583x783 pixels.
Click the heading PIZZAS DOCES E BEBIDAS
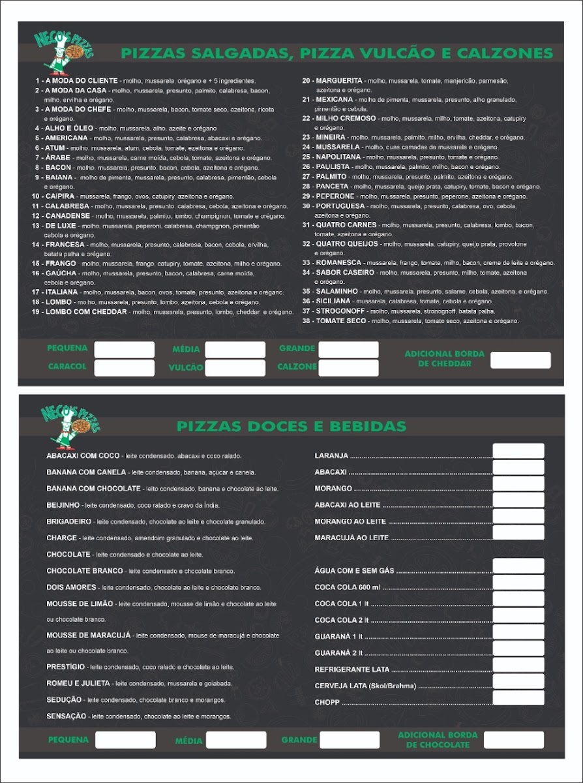(291, 427)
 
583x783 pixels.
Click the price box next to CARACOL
(124, 368)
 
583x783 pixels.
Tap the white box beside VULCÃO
(235, 368)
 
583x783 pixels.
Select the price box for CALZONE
(348, 368)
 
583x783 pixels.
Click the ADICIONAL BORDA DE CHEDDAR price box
(520, 360)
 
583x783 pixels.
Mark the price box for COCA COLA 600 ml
(518, 583)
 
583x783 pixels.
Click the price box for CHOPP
(518, 698)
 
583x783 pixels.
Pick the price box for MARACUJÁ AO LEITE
(518, 532)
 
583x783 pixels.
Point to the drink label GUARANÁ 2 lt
(338, 652)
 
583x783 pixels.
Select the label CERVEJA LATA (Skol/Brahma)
(365, 686)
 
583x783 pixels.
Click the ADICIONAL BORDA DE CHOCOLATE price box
(513, 740)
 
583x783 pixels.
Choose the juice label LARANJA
(331, 455)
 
